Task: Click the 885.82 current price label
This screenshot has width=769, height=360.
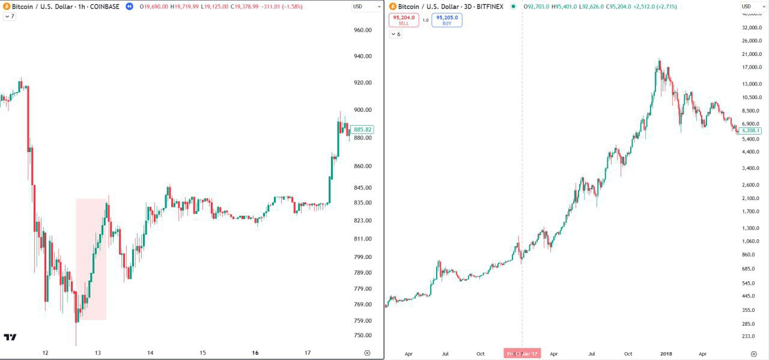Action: click(x=363, y=129)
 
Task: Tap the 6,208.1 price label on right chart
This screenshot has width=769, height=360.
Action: click(x=751, y=130)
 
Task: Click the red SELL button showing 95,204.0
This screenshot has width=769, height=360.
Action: click(x=404, y=20)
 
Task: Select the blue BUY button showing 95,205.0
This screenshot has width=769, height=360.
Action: click(x=447, y=20)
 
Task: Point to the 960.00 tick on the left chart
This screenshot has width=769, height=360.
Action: click(x=363, y=30)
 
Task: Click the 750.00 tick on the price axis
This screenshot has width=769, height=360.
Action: click(x=363, y=335)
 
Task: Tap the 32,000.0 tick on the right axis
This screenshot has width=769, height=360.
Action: click(x=752, y=28)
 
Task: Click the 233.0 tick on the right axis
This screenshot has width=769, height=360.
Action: click(x=749, y=337)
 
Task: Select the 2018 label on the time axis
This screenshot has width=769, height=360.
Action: click(x=665, y=354)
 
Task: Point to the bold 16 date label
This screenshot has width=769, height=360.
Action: click(x=255, y=353)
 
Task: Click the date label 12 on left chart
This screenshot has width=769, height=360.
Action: click(x=45, y=353)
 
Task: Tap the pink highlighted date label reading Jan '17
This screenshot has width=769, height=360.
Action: click(x=522, y=353)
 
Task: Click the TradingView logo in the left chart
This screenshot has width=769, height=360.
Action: click(x=10, y=337)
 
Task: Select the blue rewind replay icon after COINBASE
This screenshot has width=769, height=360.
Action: click(x=129, y=7)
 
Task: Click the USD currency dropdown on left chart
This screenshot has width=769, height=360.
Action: click(x=366, y=7)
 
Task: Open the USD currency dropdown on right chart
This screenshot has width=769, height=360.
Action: click(x=754, y=7)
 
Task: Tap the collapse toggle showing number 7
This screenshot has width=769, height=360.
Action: click(x=9, y=16)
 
